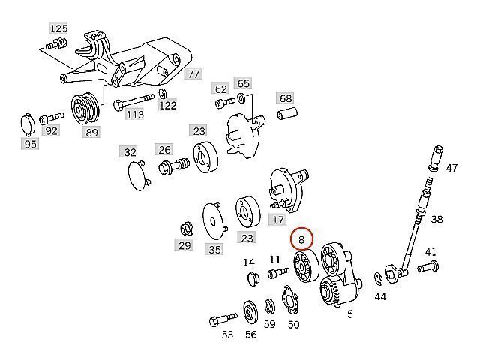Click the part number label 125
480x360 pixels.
tap(58, 28)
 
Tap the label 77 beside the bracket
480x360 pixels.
tap(194, 74)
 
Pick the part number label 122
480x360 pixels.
tap(167, 106)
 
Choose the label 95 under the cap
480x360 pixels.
tap(30, 144)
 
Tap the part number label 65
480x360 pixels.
tap(243, 82)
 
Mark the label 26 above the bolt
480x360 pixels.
tap(164, 149)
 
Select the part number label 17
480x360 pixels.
tap(278, 220)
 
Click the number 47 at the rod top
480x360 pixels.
tap(451, 167)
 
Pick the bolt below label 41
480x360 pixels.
tap(430, 265)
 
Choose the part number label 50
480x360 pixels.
tap(293, 325)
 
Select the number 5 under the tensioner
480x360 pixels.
tap(349, 314)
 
